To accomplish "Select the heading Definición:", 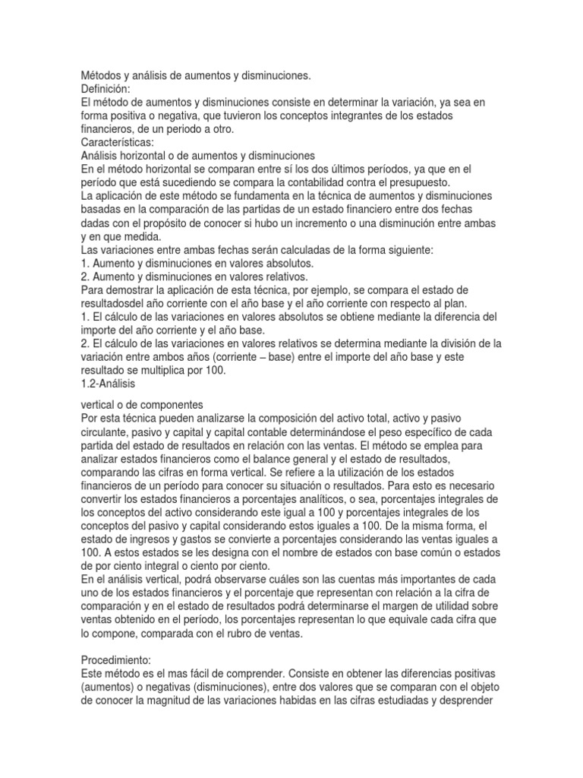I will click(106, 89).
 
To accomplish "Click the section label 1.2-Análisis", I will click(112, 383).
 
